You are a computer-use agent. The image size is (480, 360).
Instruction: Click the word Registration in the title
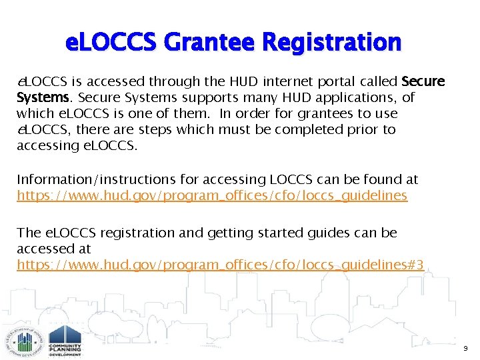[x=332, y=42]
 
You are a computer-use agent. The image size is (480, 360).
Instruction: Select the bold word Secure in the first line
[x=423, y=82]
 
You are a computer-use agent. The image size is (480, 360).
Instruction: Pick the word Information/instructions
[x=85, y=179]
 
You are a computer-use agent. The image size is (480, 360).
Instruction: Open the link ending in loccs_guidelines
[x=212, y=195]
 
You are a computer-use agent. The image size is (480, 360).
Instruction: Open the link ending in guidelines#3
[x=220, y=265]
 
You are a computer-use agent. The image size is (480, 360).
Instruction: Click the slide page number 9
[x=465, y=349]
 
